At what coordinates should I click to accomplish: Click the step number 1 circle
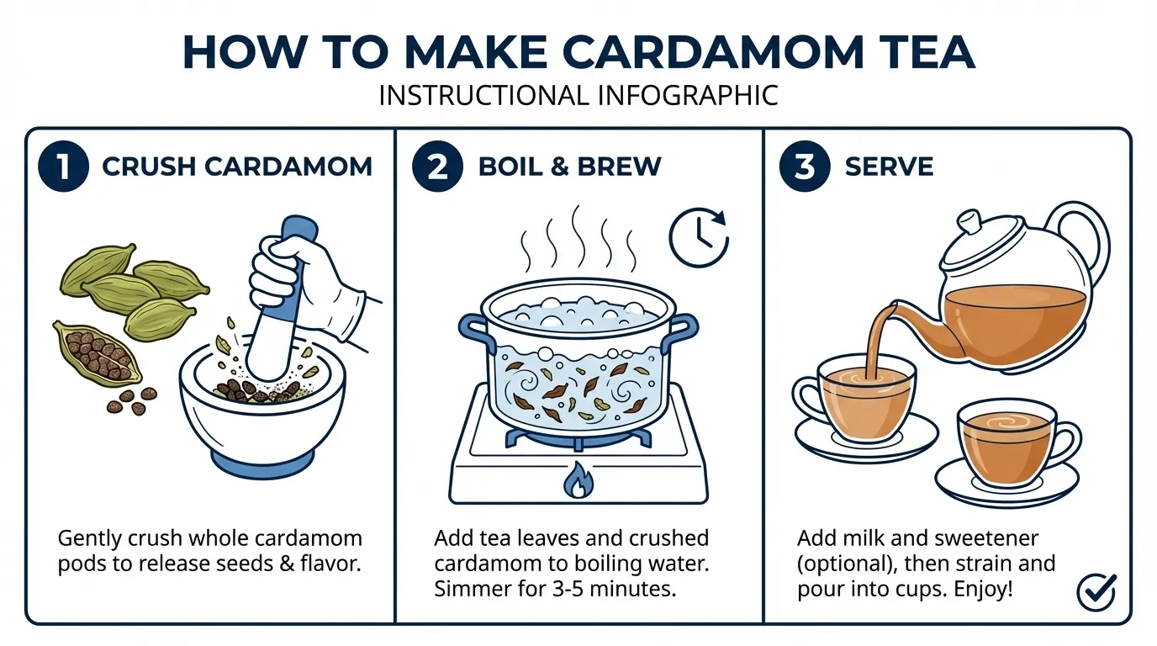(x=64, y=166)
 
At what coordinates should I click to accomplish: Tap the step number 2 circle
(x=437, y=166)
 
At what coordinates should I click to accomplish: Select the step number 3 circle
(x=805, y=166)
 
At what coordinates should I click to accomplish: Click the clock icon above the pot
(x=698, y=238)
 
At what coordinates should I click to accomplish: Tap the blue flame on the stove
(x=578, y=480)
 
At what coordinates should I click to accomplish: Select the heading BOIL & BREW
(x=569, y=167)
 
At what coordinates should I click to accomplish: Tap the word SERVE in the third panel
(x=889, y=167)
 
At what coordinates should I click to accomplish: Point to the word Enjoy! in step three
(x=983, y=589)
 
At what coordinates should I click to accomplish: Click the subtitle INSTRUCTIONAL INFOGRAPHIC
(x=578, y=95)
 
